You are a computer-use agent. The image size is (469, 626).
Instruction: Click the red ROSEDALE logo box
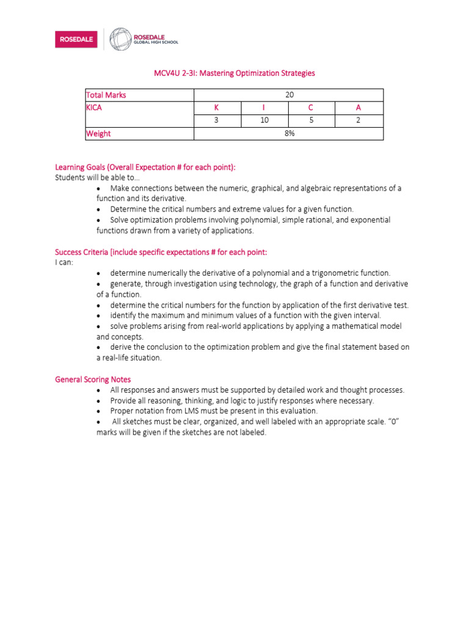coord(76,40)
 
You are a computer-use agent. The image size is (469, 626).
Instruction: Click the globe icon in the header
coord(120,39)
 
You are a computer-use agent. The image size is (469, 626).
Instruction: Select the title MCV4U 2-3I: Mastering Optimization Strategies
coord(234,73)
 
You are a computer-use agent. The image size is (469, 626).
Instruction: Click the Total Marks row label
coord(106,95)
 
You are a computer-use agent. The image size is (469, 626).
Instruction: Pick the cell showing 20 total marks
coord(289,95)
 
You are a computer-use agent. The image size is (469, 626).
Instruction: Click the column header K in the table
coord(216,108)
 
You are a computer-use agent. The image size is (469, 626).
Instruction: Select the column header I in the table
coord(264,108)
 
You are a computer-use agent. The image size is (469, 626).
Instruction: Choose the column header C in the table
coord(311,108)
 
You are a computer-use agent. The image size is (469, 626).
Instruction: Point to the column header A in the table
coord(358,108)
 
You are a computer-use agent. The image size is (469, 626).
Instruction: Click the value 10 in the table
coord(264,120)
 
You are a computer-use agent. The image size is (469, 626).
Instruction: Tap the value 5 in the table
coord(311,120)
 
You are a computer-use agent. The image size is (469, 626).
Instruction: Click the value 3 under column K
coord(216,120)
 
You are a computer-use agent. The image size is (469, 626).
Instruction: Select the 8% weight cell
coord(289,133)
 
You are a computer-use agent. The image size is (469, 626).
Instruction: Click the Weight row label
coord(98,133)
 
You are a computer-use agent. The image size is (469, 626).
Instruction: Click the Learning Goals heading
coord(145,168)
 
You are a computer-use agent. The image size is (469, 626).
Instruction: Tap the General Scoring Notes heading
coord(93,380)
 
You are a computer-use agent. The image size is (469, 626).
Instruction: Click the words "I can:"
coord(64,262)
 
